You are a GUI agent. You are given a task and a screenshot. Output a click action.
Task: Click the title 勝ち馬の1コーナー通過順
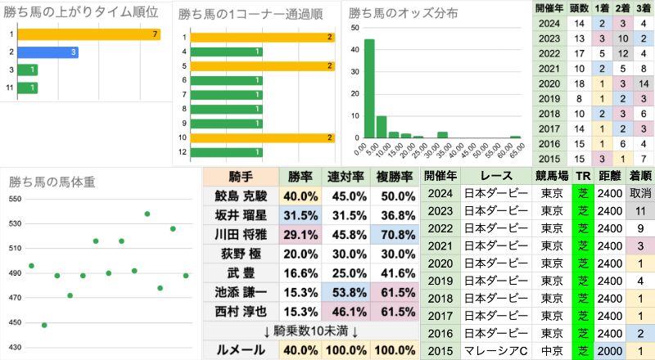[x=250, y=14]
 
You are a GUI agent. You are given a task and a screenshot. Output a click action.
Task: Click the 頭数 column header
[x=579, y=7]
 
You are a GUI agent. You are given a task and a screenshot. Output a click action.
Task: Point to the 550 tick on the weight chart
[x=15, y=200]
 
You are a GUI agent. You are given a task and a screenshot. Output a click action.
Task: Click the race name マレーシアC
[x=498, y=349]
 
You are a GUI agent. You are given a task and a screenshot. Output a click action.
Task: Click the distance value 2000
[x=607, y=349]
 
